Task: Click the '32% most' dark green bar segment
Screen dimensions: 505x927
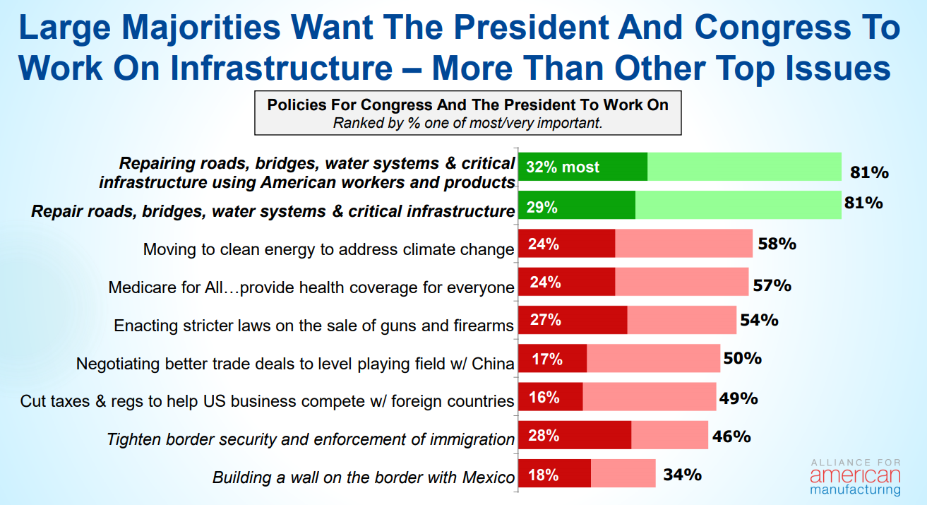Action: coord(582,167)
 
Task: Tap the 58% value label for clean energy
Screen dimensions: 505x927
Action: coord(777,244)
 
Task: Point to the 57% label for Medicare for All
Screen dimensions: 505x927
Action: coord(772,285)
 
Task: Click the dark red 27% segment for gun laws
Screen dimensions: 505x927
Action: coord(573,320)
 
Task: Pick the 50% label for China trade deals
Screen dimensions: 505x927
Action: coord(742,358)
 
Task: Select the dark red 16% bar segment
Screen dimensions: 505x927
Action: coord(551,397)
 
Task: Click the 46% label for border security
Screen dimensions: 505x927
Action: coord(731,436)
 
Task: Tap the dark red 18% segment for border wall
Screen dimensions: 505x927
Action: coord(555,474)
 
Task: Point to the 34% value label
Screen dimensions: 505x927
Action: coord(682,474)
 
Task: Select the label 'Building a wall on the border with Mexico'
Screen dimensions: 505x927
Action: coord(364,477)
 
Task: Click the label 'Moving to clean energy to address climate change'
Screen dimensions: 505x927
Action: coord(328,249)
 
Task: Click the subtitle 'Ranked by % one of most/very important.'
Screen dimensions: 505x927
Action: coord(467,122)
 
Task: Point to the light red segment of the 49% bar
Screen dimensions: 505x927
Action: coord(649,397)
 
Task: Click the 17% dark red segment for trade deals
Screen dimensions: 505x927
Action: coord(553,358)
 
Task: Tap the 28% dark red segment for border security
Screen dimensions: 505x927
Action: coord(575,436)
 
